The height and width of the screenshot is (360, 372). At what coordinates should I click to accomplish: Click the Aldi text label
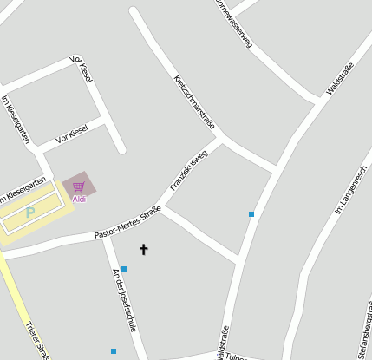point(79,200)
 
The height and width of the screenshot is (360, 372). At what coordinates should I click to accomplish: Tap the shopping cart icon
point(78,187)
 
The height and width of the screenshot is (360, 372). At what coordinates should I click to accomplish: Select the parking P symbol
point(29,212)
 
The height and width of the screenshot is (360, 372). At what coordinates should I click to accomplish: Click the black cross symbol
point(144,250)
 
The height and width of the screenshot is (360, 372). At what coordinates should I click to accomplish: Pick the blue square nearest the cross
point(124,269)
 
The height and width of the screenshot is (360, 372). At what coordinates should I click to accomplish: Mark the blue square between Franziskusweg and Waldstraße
point(251,213)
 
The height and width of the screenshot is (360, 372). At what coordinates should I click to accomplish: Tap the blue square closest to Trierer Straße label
point(114,351)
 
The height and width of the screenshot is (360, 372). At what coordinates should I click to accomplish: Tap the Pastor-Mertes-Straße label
point(127,222)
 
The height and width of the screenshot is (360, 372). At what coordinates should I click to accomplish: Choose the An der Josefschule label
point(125,300)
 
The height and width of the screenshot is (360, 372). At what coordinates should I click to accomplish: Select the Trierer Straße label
point(37,339)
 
